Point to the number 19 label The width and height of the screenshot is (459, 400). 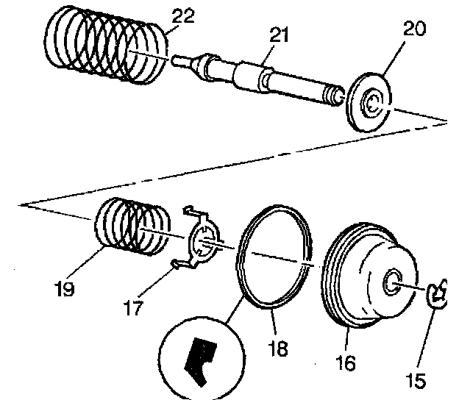coord(64,289)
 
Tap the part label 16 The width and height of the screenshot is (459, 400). coord(346,363)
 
